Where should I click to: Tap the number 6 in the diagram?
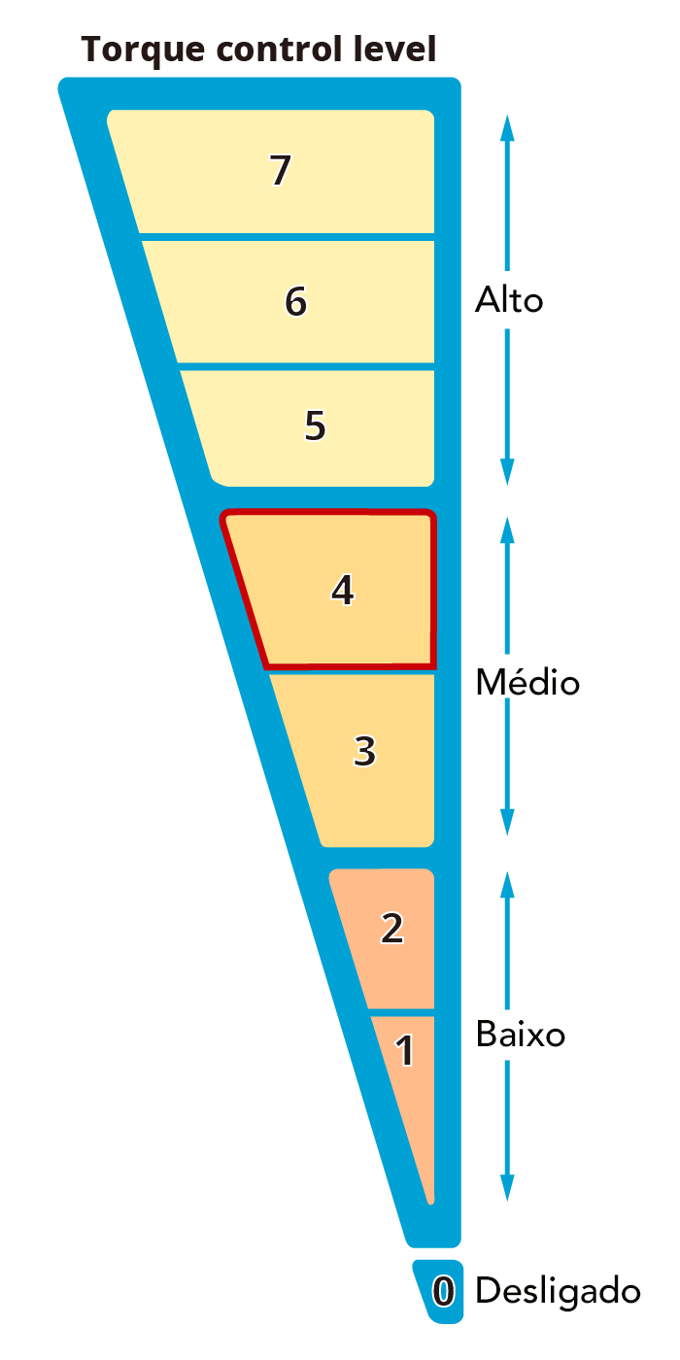(295, 301)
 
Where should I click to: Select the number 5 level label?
(315, 425)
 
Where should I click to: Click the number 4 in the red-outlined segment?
(342, 590)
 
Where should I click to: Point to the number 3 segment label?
(364, 751)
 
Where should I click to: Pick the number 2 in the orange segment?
(391, 929)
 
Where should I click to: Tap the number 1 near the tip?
(405, 1050)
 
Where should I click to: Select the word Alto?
(509, 300)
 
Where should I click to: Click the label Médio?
(527, 681)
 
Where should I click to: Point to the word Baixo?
(521, 1034)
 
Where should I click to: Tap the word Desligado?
(558, 1292)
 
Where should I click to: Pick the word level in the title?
(394, 49)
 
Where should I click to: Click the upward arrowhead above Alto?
(507, 127)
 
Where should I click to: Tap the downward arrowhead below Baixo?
(507, 1188)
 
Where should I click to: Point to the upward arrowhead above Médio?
(507, 530)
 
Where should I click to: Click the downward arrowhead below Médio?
(507, 822)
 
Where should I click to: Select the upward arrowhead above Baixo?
(507, 885)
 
